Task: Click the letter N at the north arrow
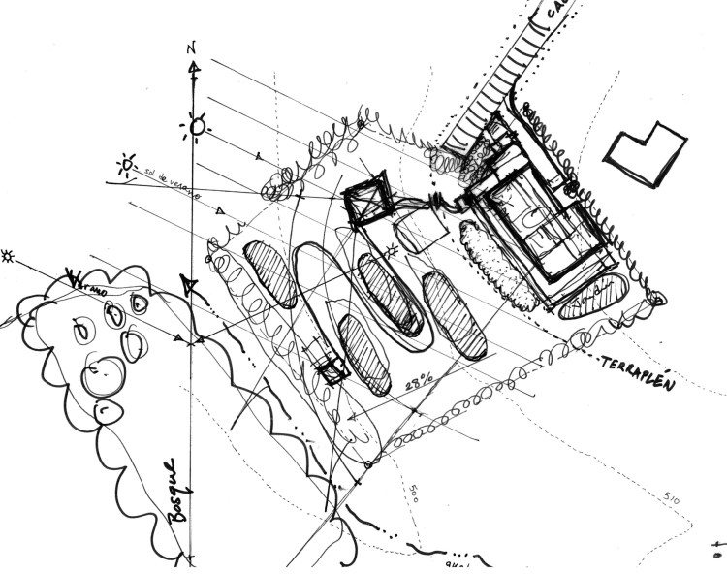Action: [193, 48]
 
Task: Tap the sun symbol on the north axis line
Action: [198, 124]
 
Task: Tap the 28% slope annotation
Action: [418, 383]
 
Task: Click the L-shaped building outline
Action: [648, 152]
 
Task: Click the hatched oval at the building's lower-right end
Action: [595, 295]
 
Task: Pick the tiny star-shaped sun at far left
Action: [10, 256]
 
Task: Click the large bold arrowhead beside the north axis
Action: [191, 288]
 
